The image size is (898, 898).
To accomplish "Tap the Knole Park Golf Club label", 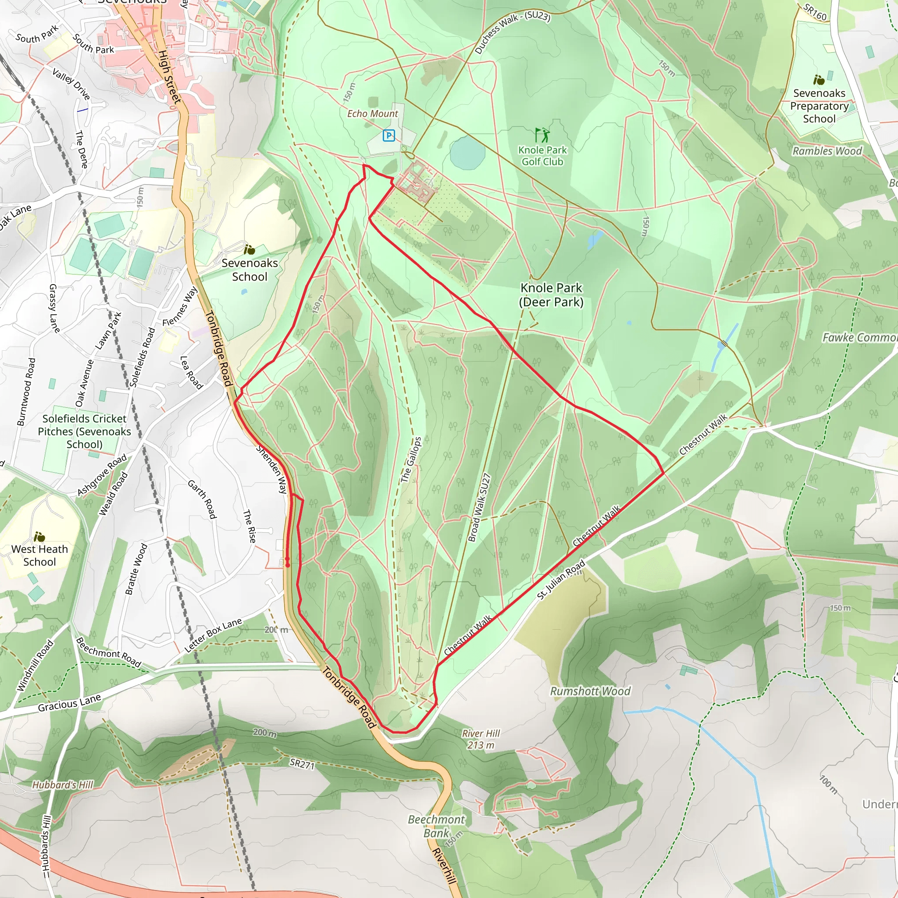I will click(x=542, y=156).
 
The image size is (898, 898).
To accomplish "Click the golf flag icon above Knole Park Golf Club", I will click(x=542, y=135).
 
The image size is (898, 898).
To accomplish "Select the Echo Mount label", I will click(x=372, y=114).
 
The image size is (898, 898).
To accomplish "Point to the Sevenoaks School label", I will click(x=249, y=270).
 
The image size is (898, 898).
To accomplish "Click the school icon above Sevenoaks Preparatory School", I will click(x=819, y=80).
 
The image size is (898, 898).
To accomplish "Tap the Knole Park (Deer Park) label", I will click(x=551, y=295).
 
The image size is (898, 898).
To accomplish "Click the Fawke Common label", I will click(x=859, y=338).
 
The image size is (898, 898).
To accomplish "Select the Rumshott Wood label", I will click(x=590, y=691).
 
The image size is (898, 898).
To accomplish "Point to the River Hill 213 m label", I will click(x=481, y=739).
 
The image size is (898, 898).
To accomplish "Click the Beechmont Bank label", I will click(x=436, y=826).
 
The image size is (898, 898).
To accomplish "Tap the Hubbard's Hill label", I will click(x=63, y=785).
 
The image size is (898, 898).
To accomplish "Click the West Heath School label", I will click(x=39, y=555).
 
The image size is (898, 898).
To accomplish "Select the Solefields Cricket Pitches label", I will click(x=84, y=431).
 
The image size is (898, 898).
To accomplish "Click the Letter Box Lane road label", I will click(x=214, y=634).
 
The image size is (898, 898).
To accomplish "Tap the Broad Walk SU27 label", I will click(x=479, y=508).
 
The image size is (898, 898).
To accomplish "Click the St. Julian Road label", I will click(x=560, y=580).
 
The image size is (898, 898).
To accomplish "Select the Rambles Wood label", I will click(x=827, y=151).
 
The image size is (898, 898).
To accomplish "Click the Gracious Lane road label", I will click(x=70, y=703).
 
